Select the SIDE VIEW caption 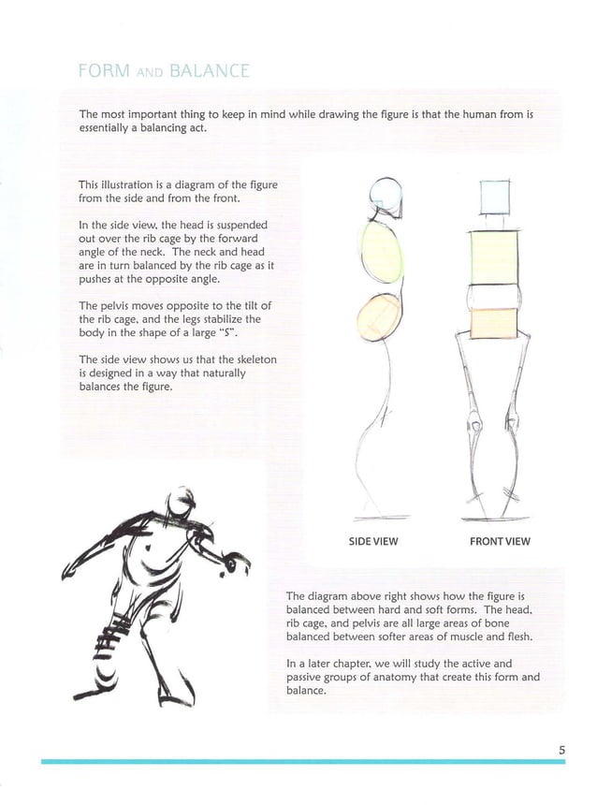(373, 541)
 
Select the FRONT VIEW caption (500, 541)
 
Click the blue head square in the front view (493, 198)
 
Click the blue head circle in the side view (385, 197)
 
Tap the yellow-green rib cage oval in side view (379, 249)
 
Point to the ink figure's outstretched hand (234, 563)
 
